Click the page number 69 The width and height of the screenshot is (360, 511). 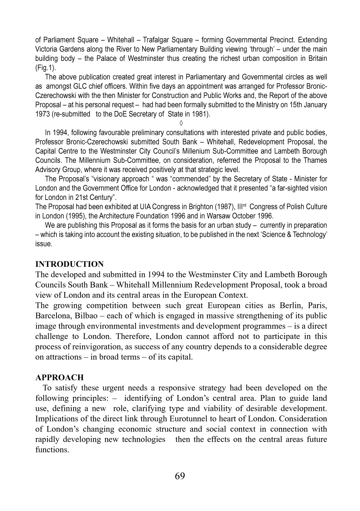coord(180,476)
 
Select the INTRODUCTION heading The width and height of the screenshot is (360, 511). coord(69,264)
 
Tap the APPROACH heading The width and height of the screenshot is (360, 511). coord(59,378)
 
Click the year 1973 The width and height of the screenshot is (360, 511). coord(43,115)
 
